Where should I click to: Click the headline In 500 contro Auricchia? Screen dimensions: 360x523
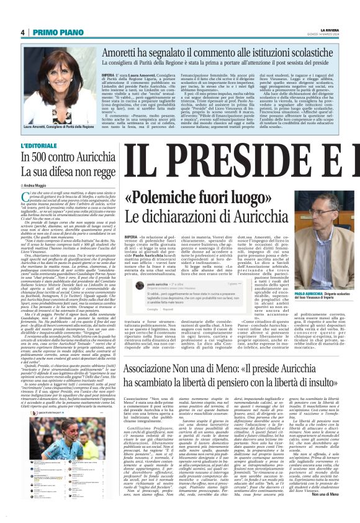(x=65, y=158)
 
